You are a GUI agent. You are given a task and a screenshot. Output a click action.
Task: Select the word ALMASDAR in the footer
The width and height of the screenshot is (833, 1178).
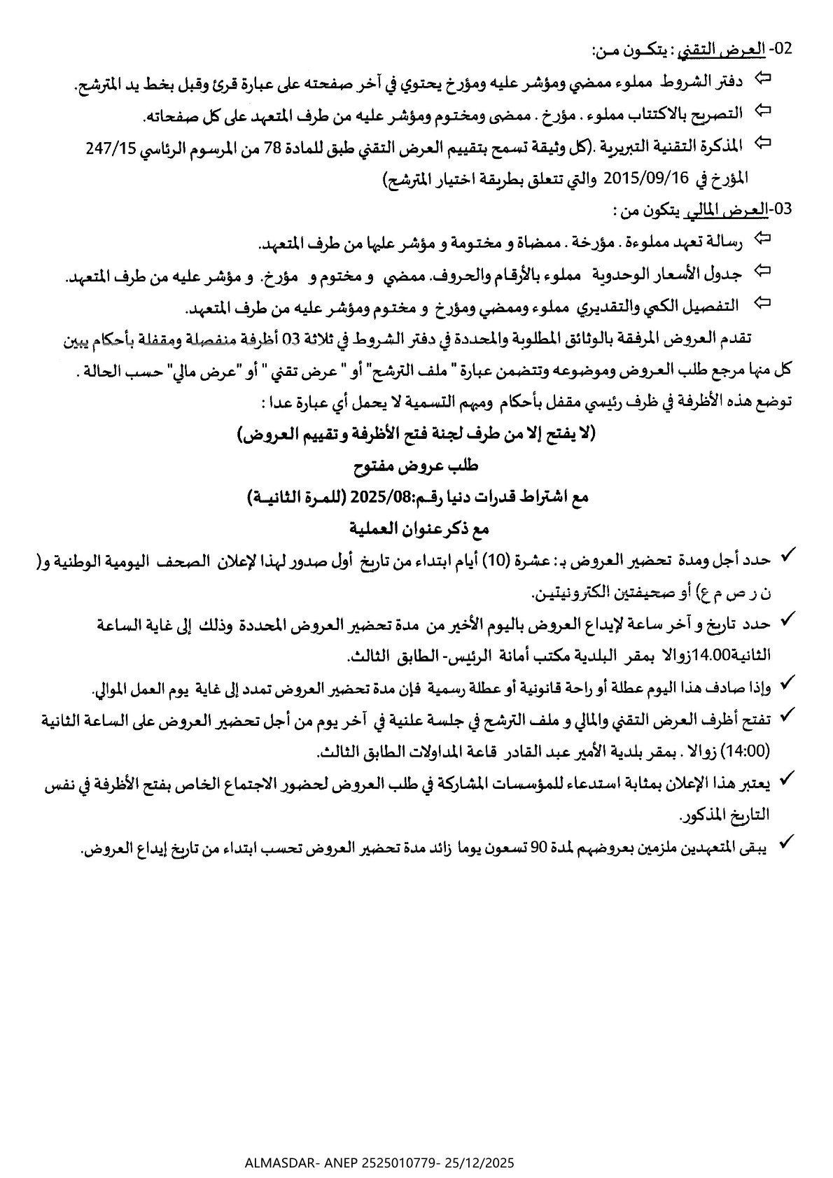(x=279, y=1163)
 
